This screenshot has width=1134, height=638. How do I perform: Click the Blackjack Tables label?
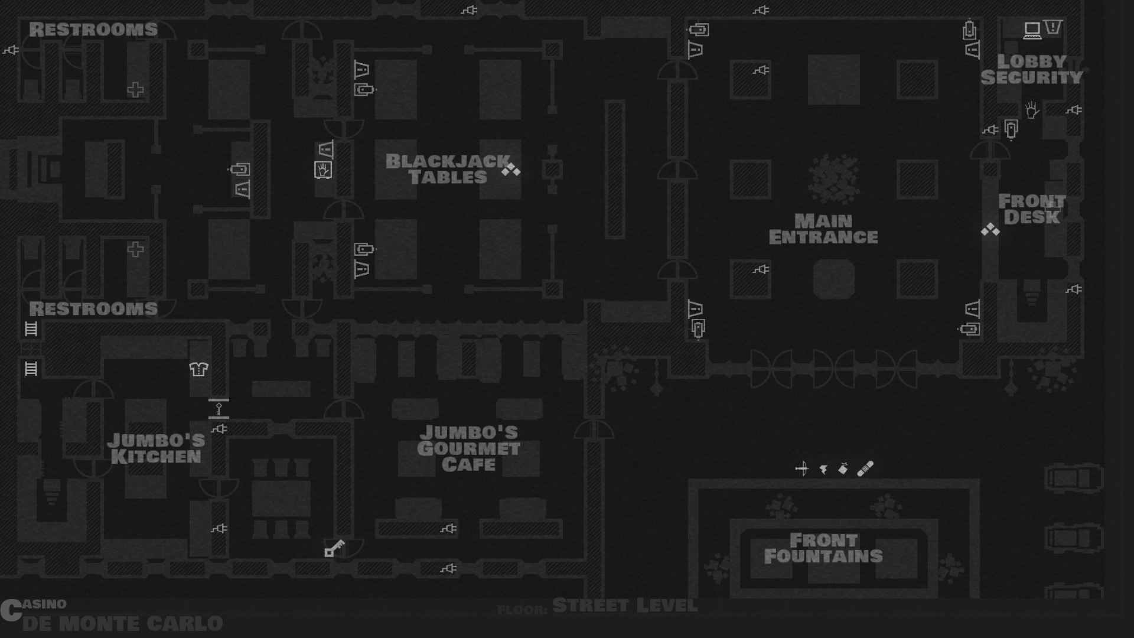[x=448, y=169]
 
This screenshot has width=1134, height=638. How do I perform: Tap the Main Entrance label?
[x=823, y=229]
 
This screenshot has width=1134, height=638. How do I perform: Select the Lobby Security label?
[x=1031, y=70]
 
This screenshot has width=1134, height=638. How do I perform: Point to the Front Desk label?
[x=1031, y=209]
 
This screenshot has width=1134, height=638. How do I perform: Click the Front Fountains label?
[x=823, y=548]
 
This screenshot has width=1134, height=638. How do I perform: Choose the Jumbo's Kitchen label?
[x=156, y=448]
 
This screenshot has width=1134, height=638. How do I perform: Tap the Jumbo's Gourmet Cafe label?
[x=468, y=448]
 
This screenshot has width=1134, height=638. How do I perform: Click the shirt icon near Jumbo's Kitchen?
[x=198, y=369]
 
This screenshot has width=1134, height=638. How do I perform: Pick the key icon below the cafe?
[x=334, y=548]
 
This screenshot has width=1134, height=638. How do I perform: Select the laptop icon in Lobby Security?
[x=1032, y=30]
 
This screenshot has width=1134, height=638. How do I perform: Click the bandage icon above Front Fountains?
[x=865, y=469]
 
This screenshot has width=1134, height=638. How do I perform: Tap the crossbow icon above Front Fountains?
[x=801, y=469]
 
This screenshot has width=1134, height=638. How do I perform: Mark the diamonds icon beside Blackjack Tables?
[x=511, y=170]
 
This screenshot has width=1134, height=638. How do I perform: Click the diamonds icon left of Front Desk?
[x=990, y=230]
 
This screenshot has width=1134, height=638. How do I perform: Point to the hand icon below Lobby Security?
[x=1032, y=110]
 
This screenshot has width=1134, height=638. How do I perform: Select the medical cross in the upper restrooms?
[x=135, y=90]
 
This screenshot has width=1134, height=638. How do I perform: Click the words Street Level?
[x=625, y=606]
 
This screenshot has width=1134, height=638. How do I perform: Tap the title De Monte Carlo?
[x=122, y=623]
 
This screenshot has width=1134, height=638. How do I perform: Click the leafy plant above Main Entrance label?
[x=833, y=178]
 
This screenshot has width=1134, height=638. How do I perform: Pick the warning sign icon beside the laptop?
[x=1053, y=27]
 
